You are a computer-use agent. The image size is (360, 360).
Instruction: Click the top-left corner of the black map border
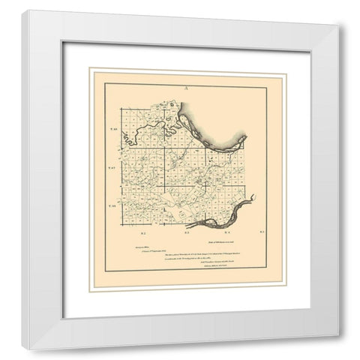point(105,86)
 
